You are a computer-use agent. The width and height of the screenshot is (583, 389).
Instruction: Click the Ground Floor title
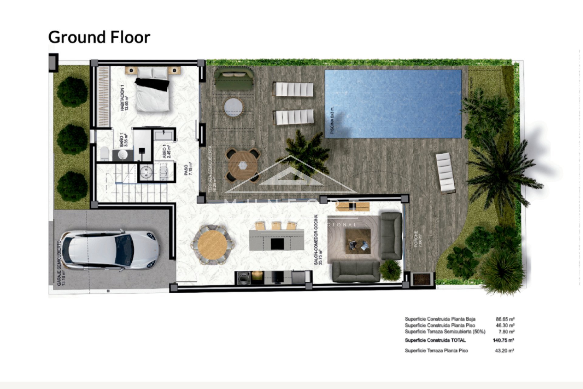point(99,37)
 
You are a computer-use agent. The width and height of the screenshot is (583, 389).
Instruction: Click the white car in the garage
point(110,250)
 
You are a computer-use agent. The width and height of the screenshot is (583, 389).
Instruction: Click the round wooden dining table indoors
point(212,245)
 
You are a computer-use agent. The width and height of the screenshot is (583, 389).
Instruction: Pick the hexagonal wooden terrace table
point(243,166)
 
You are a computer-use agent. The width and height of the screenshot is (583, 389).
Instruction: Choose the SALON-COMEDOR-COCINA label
point(318,240)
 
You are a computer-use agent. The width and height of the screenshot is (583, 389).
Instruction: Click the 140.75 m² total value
point(503,340)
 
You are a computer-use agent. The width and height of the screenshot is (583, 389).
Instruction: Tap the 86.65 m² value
point(505,319)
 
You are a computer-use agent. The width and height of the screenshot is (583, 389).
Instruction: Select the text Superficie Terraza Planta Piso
point(436,351)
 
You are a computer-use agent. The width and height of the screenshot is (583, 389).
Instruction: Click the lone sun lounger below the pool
point(445,173)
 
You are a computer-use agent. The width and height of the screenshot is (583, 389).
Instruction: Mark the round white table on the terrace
point(234,107)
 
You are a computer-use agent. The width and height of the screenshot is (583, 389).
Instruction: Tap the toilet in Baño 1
point(104,153)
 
